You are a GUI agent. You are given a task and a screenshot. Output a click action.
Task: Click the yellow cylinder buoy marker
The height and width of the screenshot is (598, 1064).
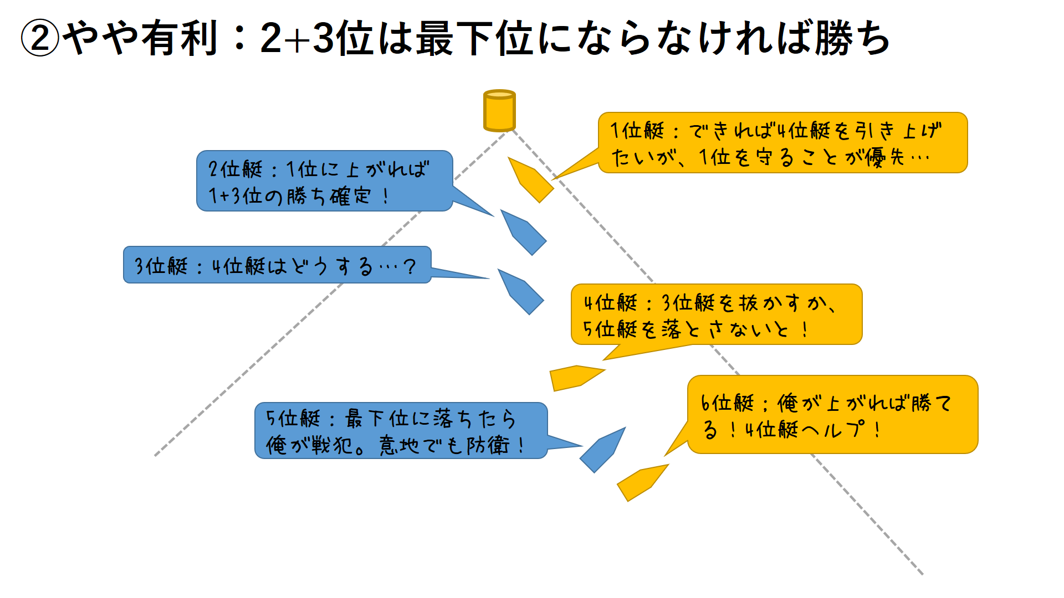coord(499,111)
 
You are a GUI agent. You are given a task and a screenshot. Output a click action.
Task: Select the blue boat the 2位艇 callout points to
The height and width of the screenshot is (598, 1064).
coord(524,232)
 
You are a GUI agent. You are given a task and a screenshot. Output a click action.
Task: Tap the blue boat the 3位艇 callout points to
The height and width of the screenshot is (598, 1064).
coord(521,292)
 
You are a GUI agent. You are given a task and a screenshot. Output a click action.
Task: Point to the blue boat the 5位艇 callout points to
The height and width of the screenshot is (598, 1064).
coord(602,450)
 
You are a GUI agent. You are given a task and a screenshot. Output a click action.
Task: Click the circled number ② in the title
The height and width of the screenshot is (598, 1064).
coord(40,39)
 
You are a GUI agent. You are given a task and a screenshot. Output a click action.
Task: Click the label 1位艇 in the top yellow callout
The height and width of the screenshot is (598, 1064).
coord(637,131)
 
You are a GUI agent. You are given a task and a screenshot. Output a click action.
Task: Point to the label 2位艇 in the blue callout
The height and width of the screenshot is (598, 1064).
coord(235,169)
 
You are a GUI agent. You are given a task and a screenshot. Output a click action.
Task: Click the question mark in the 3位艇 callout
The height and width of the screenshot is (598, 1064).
coord(410,267)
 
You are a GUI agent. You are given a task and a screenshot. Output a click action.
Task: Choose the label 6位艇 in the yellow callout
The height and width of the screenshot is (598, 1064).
coord(727,403)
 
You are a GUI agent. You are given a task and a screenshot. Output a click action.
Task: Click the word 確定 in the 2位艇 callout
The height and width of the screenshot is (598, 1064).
coord(350,196)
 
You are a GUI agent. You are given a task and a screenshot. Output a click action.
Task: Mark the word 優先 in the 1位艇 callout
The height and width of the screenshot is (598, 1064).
coord(885,158)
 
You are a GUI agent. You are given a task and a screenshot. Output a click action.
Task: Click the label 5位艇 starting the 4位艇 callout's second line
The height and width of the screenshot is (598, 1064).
coord(610,329)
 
